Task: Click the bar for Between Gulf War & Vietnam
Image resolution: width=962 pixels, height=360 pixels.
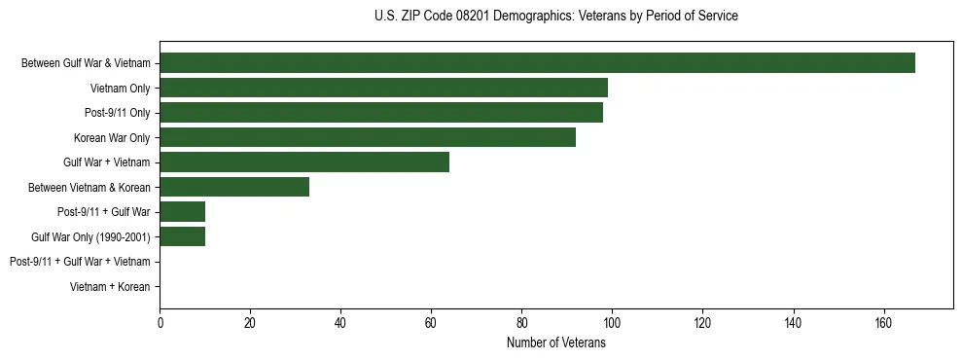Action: click(537, 63)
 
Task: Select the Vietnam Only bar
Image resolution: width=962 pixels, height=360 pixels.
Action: click(383, 88)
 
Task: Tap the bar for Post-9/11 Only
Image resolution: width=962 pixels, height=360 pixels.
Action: click(381, 113)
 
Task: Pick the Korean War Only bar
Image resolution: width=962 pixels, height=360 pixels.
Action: click(368, 137)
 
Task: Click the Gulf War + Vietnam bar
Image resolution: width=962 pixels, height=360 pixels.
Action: click(304, 162)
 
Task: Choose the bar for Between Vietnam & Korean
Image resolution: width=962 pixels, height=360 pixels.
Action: click(234, 187)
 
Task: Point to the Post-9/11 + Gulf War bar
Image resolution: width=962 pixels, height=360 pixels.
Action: click(182, 211)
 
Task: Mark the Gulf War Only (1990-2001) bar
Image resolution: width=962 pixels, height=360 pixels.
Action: click(182, 236)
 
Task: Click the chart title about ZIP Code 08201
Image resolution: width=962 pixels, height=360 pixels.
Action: click(555, 17)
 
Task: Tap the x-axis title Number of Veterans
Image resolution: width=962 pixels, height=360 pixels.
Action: click(555, 342)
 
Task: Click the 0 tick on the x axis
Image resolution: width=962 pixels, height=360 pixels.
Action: click(160, 324)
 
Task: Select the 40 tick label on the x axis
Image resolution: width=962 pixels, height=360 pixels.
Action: click(340, 324)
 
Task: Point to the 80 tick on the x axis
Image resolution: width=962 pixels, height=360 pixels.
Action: click(521, 324)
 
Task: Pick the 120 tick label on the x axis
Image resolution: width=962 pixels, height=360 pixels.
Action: click(702, 324)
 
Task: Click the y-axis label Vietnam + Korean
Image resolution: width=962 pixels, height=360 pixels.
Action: click(110, 286)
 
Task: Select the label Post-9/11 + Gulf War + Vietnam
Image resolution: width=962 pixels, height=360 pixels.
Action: click(80, 262)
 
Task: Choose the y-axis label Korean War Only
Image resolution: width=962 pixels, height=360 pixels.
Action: click(112, 138)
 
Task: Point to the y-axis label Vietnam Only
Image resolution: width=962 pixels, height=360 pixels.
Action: click(120, 89)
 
